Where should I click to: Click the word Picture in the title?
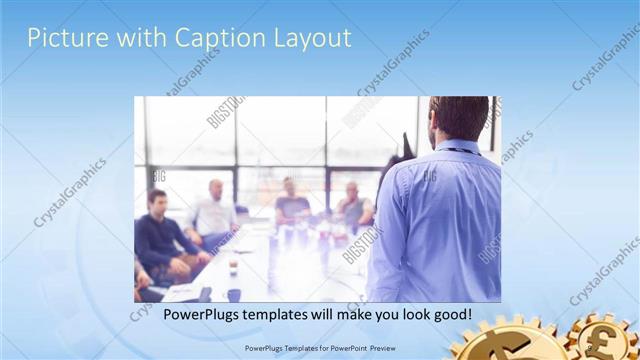[63, 38]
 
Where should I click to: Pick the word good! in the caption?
[450, 315]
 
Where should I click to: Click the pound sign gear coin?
[606, 340]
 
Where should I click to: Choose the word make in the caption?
[350, 315]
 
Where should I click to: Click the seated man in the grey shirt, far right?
[352, 208]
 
